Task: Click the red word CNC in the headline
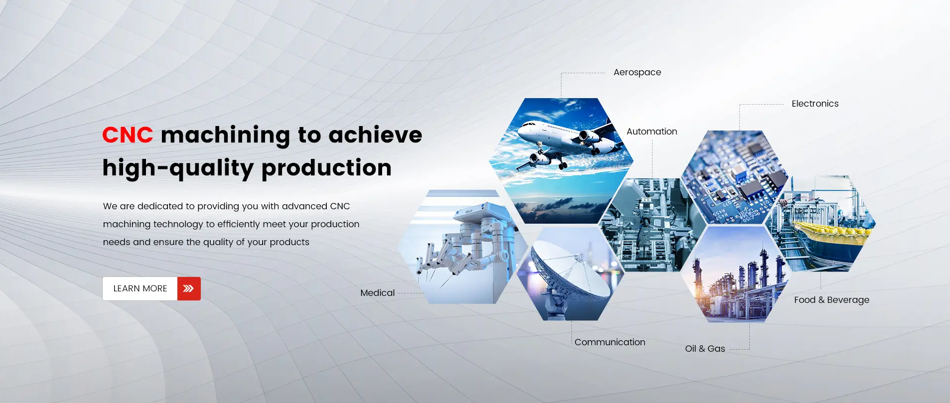(x=128, y=135)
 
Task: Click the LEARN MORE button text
(x=140, y=288)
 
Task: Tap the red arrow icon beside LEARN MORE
(x=189, y=288)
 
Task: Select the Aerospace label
(x=637, y=72)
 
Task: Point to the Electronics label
(x=815, y=104)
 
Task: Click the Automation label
(x=652, y=132)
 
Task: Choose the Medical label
(x=377, y=293)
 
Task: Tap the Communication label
(x=609, y=342)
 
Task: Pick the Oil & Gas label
(x=705, y=349)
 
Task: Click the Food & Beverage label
(x=831, y=300)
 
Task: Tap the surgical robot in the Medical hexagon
(x=468, y=239)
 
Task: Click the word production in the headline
(x=326, y=168)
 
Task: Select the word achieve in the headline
(x=375, y=135)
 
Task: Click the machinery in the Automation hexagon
(x=648, y=224)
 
